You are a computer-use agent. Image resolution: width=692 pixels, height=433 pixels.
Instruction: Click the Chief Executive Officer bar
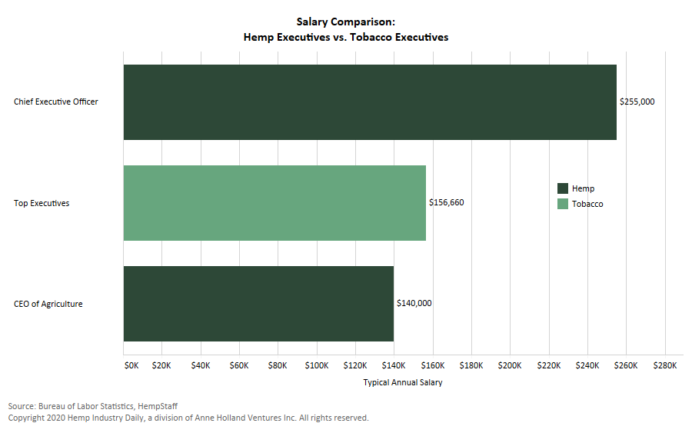pos(370,102)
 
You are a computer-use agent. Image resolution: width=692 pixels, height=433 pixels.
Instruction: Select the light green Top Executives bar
pos(274,203)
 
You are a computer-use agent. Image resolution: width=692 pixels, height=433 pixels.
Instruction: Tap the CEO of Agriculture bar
pos(258,304)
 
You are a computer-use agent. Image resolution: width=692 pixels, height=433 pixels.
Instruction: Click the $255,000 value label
pos(637,102)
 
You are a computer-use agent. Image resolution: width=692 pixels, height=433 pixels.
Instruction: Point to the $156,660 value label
pos(446,203)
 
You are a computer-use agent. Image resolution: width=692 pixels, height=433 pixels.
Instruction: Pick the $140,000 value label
pos(414,303)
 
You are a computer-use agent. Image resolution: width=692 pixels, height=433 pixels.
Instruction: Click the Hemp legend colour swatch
pos(562,188)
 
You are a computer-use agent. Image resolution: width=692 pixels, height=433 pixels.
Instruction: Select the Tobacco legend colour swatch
pos(562,204)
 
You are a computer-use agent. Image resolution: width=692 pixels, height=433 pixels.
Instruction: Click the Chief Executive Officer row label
pos(56,102)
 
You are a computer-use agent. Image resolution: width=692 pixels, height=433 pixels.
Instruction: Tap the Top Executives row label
pos(42,203)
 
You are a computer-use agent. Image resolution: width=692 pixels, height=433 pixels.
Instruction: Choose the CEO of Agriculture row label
pos(48,304)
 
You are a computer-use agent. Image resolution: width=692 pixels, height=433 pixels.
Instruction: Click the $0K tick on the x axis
pos(131,366)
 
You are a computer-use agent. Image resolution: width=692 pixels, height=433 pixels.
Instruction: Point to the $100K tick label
pos(317,366)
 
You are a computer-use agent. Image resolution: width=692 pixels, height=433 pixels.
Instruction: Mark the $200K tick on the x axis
pos(510,366)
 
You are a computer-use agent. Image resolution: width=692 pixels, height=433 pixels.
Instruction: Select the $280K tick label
pos(664,366)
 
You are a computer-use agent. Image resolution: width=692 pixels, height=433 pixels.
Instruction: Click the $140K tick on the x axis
pos(394,366)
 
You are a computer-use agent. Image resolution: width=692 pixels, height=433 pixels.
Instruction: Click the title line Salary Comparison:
pos(346,22)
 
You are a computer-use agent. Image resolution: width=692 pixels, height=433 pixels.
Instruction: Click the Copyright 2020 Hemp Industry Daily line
pos(188,418)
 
